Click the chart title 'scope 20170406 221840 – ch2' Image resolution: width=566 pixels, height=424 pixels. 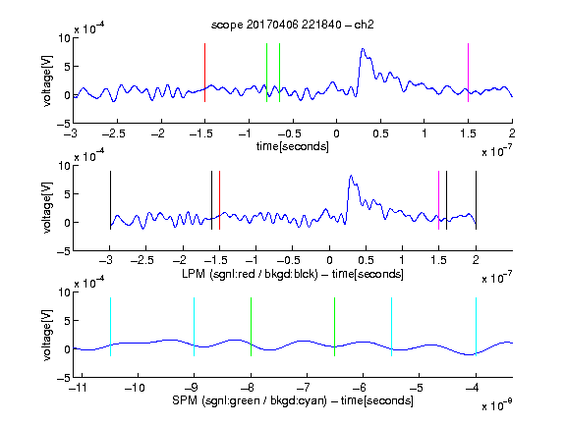pyautogui.click(x=293, y=25)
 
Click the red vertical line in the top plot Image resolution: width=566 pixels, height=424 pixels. pyautogui.click(x=204, y=73)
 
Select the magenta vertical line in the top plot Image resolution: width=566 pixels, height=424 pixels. pyautogui.click(x=468, y=73)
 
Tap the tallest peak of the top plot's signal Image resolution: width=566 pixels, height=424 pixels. pyautogui.click(x=363, y=49)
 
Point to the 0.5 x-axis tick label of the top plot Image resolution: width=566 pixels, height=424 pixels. pyautogui.click(x=380, y=133)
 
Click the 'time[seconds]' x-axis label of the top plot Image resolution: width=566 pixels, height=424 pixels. pyautogui.click(x=293, y=146)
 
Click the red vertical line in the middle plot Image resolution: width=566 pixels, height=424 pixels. pyautogui.click(x=219, y=200)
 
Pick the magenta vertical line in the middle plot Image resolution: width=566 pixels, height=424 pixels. pyautogui.click(x=438, y=200)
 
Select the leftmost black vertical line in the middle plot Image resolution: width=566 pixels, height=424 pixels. pyautogui.click(x=110, y=200)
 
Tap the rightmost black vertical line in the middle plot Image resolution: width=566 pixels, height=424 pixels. pyautogui.click(x=476, y=200)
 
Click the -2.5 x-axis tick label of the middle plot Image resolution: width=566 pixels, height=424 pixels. pyautogui.click(x=142, y=260)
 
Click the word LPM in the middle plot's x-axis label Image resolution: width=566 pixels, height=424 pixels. pyautogui.click(x=194, y=274)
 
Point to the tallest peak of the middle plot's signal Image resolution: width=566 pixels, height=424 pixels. pyautogui.click(x=351, y=177)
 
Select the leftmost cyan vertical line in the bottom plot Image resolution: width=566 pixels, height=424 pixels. pyautogui.click(x=110, y=327)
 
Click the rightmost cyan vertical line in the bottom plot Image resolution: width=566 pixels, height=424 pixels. pyautogui.click(x=476, y=327)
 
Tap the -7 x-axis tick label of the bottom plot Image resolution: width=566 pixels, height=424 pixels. pyautogui.click(x=306, y=388)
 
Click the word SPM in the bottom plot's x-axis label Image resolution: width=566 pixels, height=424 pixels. pyautogui.click(x=185, y=400)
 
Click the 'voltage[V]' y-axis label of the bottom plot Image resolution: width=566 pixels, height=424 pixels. pyautogui.click(x=47, y=335)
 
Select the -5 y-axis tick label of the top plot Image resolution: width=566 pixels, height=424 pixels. pyautogui.click(x=63, y=124)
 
